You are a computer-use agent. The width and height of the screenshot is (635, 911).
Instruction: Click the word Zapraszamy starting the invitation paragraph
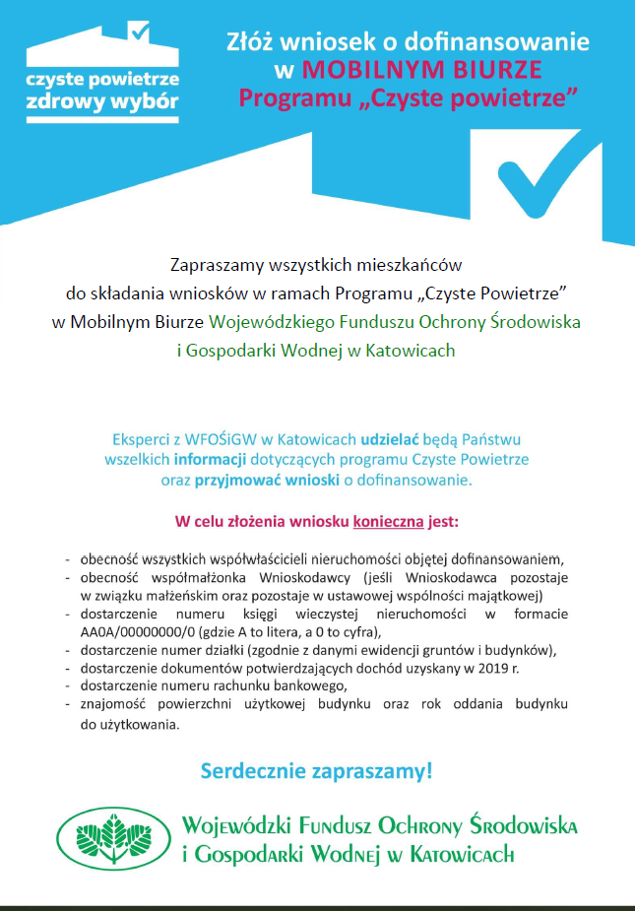point(215,265)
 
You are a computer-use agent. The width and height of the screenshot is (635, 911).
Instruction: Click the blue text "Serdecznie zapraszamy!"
point(316,770)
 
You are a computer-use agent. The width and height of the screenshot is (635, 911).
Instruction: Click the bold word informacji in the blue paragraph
point(208,459)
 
